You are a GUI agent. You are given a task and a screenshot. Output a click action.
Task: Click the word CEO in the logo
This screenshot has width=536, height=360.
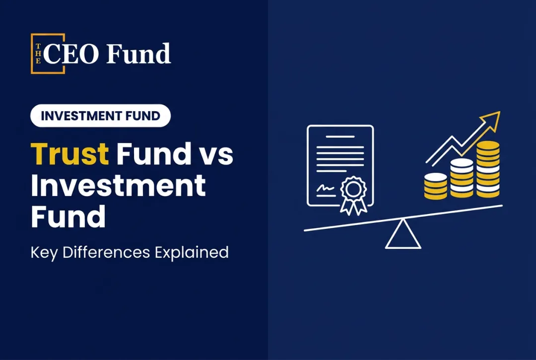point(71,54)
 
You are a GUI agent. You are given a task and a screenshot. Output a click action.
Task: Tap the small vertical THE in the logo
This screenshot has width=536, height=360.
point(38,53)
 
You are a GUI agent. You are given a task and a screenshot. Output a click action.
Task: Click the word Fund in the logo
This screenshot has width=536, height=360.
point(138,54)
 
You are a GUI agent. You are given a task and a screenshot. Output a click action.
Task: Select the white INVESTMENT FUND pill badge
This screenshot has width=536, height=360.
point(100,116)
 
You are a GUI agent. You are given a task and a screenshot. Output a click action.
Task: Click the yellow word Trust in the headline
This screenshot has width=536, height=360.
point(70,153)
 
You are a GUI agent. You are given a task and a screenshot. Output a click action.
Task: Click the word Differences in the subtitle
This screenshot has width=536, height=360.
point(106,252)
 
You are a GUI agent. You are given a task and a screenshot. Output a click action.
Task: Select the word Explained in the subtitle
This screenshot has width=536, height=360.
point(192,253)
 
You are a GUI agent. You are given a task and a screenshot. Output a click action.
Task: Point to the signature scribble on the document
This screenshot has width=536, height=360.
point(326,188)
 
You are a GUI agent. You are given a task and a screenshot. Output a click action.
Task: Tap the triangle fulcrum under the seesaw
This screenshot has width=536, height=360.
point(403,234)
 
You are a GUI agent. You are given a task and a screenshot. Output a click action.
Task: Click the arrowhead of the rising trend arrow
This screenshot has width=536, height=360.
point(491,120)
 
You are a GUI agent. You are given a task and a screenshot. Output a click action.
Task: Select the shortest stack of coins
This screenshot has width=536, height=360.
point(436,186)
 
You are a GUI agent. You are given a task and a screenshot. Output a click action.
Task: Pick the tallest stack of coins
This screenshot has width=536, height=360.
point(488,169)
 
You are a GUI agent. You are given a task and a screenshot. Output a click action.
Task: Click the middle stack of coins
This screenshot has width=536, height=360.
point(462,178)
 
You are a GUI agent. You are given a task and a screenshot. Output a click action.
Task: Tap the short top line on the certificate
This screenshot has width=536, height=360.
point(340,137)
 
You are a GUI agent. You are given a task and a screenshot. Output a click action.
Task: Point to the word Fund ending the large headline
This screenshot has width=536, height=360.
point(68,217)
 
